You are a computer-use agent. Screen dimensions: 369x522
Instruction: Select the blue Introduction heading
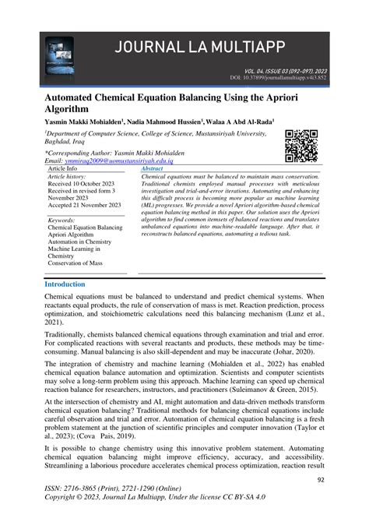[65, 284]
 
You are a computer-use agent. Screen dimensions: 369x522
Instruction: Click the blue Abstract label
[152, 168]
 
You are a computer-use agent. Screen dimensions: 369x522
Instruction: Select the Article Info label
[63, 168]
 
